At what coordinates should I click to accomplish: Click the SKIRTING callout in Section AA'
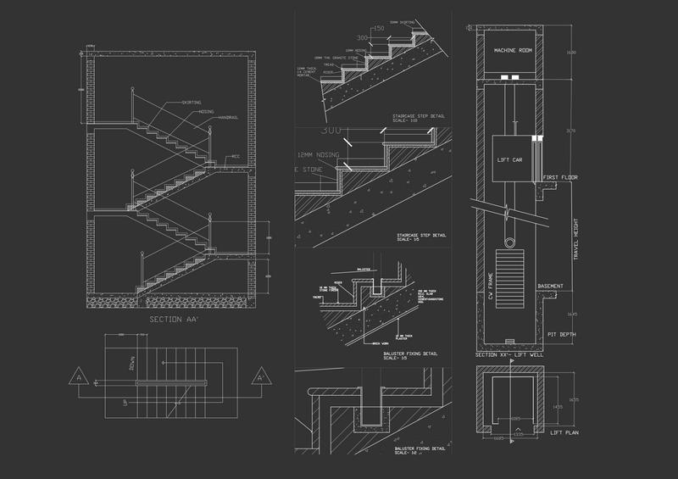tap(194, 103)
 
